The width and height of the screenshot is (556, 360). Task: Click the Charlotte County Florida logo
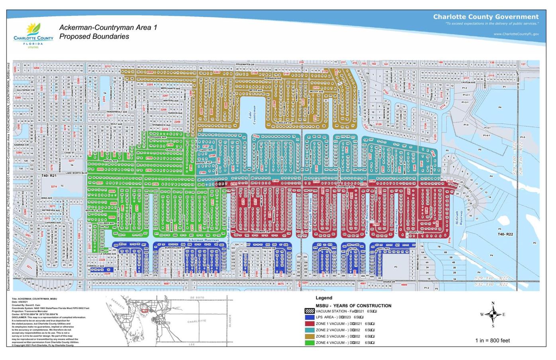pos(33,35)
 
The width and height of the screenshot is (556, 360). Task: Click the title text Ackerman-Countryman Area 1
pos(108,27)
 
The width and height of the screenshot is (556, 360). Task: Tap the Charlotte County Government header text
pos(486,17)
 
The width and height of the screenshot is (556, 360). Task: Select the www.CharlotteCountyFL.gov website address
pos(516,34)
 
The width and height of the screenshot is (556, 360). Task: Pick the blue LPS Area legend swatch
pos(309,317)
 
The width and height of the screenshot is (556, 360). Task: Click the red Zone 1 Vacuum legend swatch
pos(309,324)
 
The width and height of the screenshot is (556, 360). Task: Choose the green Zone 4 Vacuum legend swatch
pos(309,342)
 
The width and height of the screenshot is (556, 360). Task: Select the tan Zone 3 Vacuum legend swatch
pos(309,337)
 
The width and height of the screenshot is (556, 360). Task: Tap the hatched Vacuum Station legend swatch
pos(309,311)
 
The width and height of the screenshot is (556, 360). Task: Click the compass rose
pos(493,314)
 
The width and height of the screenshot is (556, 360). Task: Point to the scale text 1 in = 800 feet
pos(492,340)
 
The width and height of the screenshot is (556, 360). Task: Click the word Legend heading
pos(324,298)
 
